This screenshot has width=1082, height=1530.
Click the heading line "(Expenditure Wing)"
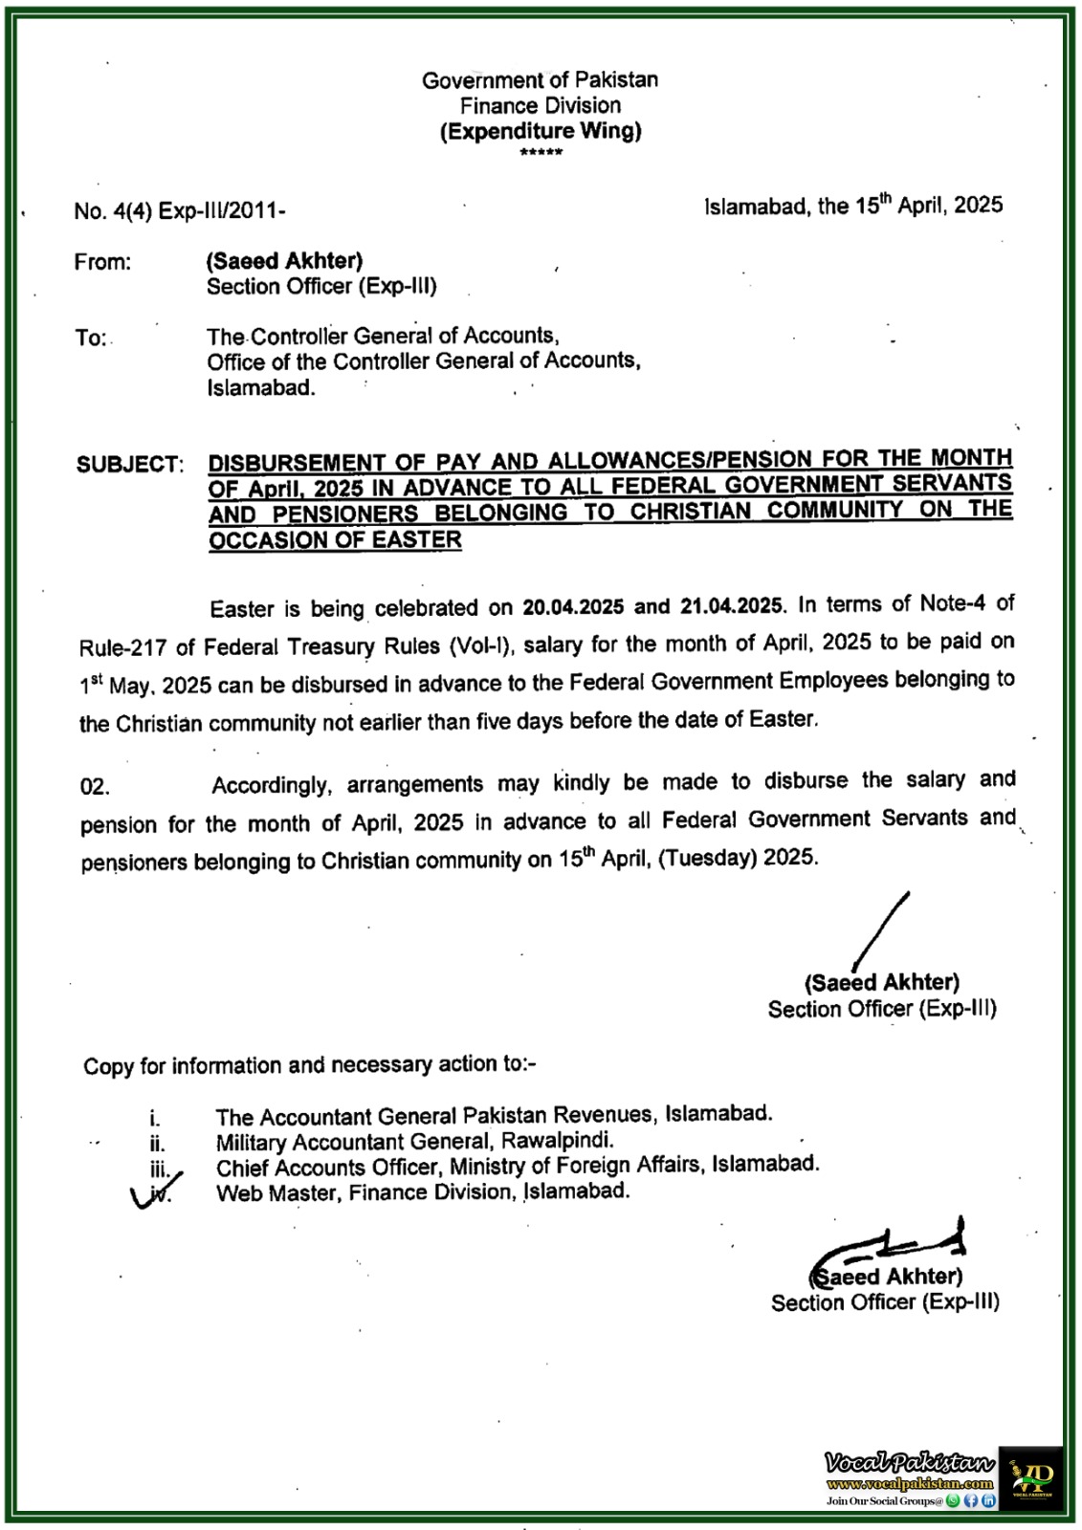pos(541,132)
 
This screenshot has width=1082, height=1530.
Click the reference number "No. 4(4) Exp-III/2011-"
pos(180,211)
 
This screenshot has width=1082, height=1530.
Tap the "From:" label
pos(102,262)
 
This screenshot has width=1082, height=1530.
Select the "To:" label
pos(91,338)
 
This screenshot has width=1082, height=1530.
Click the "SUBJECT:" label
pos(129,465)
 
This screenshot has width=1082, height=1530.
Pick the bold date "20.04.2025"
pos(573,607)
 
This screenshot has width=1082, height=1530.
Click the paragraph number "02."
pos(95,788)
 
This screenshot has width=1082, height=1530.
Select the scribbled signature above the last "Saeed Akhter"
pos(890,1246)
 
